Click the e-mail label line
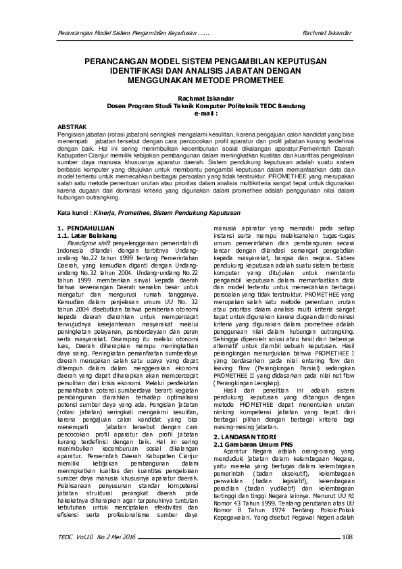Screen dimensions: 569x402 201,114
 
